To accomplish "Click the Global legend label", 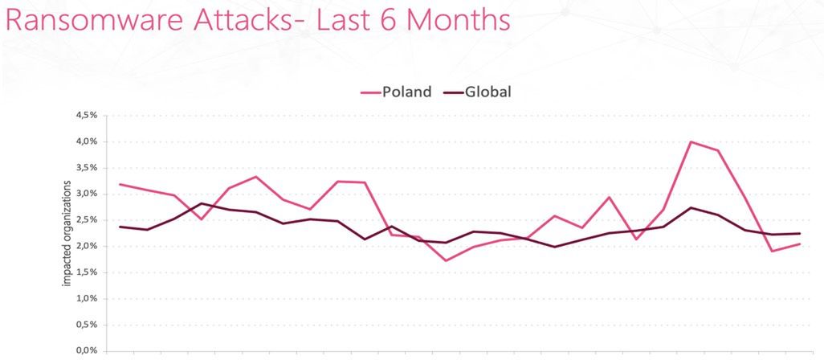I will [487, 91].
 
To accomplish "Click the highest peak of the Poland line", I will [691, 141].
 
